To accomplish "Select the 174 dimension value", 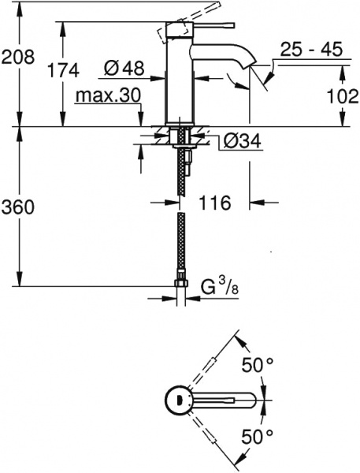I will pos(63,70).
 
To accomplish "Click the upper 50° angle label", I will pos(257,366).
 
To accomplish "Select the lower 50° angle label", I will pos(257,435).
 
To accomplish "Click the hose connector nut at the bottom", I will pos(181,281).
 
